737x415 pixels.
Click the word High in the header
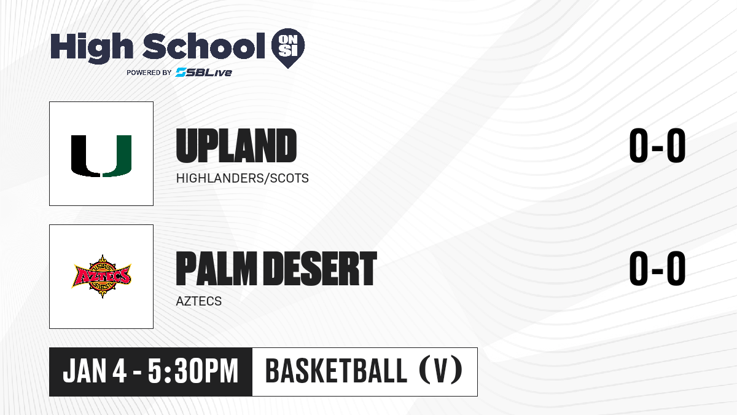click(92, 47)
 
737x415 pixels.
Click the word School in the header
click(204, 47)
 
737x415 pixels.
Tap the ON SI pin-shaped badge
click(288, 48)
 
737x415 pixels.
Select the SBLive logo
click(204, 73)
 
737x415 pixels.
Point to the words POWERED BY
click(149, 73)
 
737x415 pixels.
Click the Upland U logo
click(101, 156)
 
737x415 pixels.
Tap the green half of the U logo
click(117, 156)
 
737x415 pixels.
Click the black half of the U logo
click(85, 156)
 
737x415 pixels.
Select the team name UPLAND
click(236, 146)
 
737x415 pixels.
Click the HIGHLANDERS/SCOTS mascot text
click(242, 178)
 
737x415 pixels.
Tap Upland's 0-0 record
click(657, 146)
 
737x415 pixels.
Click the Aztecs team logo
click(101, 276)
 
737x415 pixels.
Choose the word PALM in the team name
click(216, 269)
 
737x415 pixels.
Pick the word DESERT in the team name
click(320, 269)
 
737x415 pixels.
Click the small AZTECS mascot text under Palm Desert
click(199, 301)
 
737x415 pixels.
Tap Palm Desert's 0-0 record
click(657, 269)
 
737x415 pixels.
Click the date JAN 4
click(95, 371)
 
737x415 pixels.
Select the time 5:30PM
click(193, 371)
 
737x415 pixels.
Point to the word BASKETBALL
click(337, 371)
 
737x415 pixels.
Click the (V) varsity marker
click(441, 371)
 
